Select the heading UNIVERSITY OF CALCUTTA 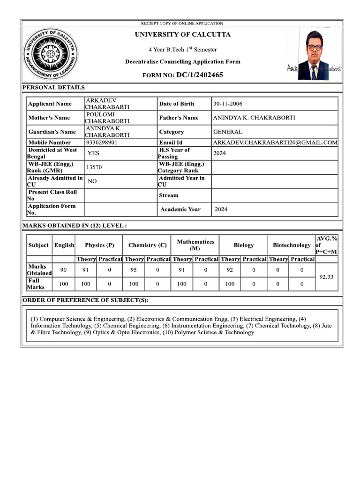point(182,35)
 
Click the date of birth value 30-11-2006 point(228,104)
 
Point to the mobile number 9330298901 point(102,142)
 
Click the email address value point(275,142)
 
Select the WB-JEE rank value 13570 point(94,167)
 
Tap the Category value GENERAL point(228,132)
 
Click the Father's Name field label point(179,118)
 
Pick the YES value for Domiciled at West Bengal point(93,153)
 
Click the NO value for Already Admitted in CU point(92,181)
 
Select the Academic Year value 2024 point(221,210)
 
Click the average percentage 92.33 point(326,277)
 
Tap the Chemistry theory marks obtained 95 point(133,270)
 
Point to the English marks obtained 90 point(63,270)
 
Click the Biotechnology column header point(292,245)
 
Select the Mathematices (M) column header point(195,245)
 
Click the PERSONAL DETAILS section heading point(53,87)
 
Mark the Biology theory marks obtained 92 point(230,270)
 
